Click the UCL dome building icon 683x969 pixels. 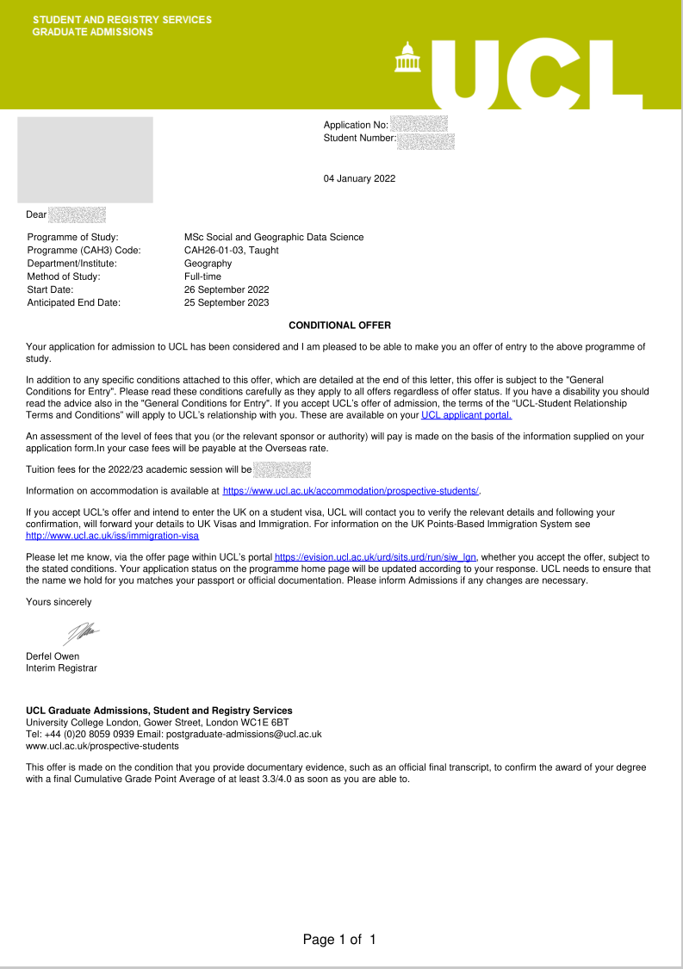click(x=403, y=58)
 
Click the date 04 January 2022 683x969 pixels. click(x=359, y=179)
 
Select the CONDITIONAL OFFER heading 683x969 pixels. click(x=339, y=326)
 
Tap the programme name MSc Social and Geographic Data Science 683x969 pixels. click(x=274, y=237)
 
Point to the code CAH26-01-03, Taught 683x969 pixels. click(x=231, y=251)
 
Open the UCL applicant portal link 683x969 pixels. click(x=466, y=415)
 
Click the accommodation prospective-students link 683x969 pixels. click(x=351, y=491)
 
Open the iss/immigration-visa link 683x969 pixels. click(x=113, y=535)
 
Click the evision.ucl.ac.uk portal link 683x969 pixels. click(x=376, y=557)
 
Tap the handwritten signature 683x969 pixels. click(x=80, y=634)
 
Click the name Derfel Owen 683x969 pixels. click(x=53, y=656)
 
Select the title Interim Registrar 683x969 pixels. click(x=62, y=668)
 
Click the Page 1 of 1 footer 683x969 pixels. click(x=339, y=940)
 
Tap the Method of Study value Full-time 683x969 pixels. click(x=202, y=276)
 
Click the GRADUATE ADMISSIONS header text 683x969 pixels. click(x=93, y=32)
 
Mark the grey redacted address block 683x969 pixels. click(x=85, y=159)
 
